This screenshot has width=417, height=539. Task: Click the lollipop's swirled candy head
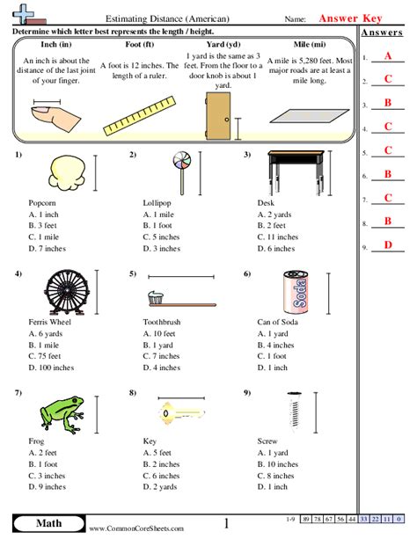pyautogui.click(x=181, y=161)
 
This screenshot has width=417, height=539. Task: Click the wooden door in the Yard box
pyautogui.click(x=216, y=117)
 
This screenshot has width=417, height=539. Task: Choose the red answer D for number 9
pyautogui.click(x=388, y=244)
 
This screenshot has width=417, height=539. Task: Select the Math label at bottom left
pyautogui.click(x=44, y=525)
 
